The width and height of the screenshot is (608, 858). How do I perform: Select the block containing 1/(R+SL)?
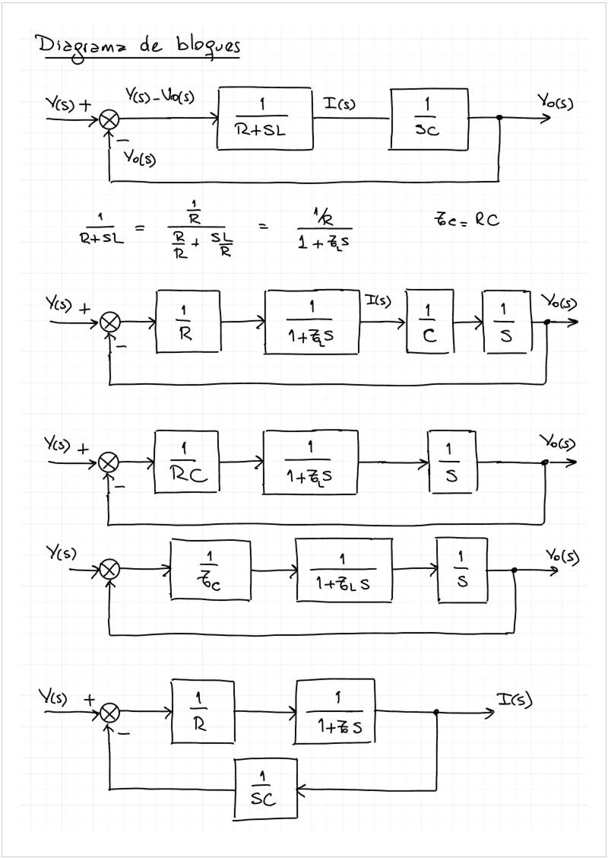(264, 119)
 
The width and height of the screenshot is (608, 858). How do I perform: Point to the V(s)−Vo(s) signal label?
(160, 97)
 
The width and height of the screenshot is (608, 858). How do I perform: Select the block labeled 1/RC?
(187, 462)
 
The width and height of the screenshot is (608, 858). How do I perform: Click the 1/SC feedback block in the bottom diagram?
(265, 790)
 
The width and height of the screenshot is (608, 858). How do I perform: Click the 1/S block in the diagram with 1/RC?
(453, 461)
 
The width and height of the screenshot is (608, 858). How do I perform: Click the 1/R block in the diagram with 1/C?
(188, 322)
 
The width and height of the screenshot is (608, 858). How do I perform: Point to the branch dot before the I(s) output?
(436, 713)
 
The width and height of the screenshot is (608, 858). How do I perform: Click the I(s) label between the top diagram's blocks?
(340, 102)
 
